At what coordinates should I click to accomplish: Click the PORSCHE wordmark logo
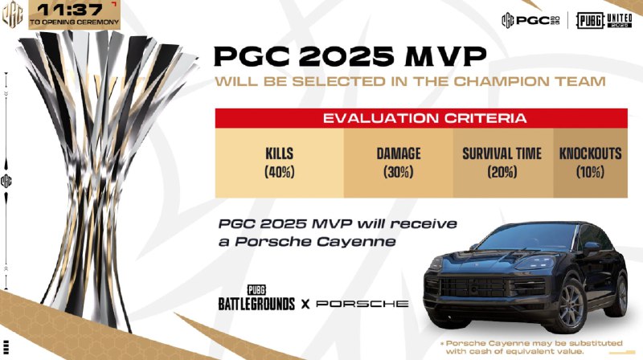pyautogui.click(x=362, y=305)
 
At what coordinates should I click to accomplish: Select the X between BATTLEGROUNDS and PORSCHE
pyautogui.click(x=305, y=305)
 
